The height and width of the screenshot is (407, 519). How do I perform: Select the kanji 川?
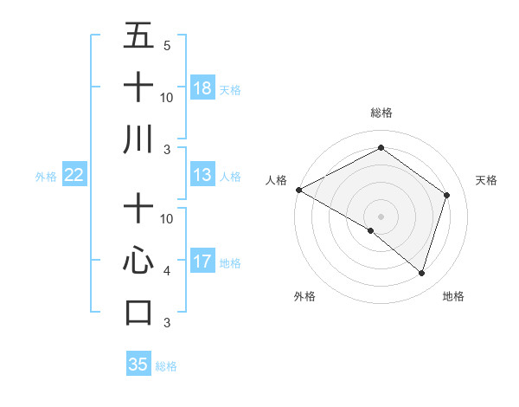138,139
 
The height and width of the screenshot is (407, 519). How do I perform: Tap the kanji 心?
138,261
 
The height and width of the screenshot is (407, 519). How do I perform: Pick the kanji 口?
138,312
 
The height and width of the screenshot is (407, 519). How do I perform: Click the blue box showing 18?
202,88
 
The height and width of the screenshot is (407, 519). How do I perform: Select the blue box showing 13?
202,176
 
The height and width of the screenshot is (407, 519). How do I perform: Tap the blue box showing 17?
202,262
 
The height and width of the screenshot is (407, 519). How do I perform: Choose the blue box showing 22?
74,176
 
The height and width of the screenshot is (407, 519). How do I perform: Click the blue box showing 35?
138,365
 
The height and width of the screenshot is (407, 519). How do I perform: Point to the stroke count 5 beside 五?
166,45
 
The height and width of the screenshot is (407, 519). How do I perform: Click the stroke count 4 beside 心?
166,270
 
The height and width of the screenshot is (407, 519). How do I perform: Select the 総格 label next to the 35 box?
166,366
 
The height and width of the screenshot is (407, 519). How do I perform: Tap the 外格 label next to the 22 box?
46,177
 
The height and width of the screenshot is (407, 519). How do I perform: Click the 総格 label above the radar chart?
381,113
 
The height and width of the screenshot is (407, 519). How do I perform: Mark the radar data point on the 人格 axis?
298,190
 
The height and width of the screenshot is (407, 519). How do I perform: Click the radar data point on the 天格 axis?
446,195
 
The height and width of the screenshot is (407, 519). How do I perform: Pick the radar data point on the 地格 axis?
421,273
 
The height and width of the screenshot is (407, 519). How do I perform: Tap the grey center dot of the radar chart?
381,216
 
